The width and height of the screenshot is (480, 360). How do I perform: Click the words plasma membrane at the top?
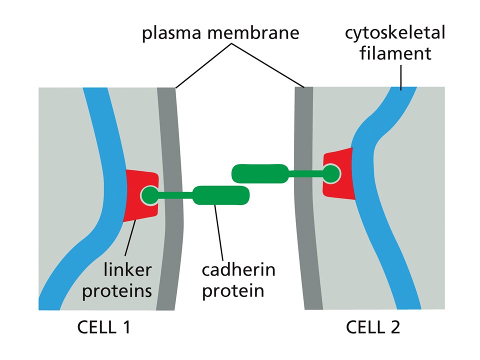pos(220,33)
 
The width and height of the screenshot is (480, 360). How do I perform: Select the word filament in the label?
pos(396,52)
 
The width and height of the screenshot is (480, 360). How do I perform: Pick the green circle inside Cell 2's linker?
pos(331,173)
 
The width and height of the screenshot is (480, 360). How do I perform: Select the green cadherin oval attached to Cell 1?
pos(220,194)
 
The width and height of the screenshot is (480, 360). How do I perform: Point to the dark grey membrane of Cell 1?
pos(170,200)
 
